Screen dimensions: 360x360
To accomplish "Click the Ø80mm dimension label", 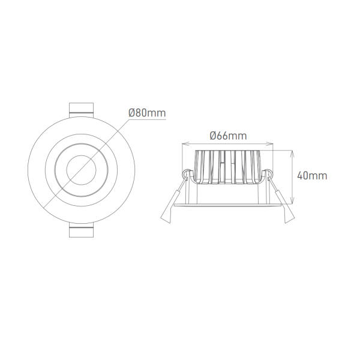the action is (147, 113).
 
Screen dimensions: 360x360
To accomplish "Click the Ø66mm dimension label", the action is (228, 136).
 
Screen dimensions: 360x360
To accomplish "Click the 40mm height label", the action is (312, 176).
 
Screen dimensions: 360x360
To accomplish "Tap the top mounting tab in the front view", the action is (81, 110).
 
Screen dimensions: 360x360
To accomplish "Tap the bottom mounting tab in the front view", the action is (81, 230).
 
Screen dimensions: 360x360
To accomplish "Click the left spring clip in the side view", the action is (175, 197).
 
